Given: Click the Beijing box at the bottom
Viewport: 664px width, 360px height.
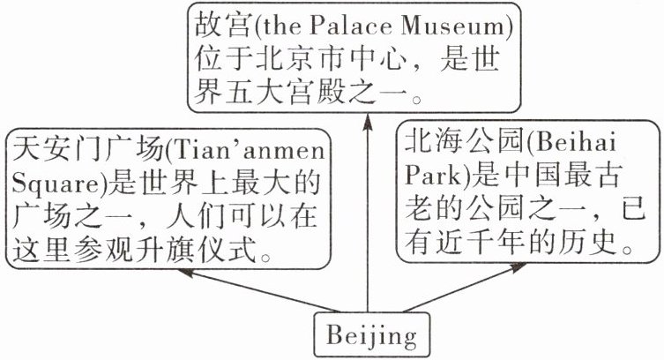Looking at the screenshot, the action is pos(371,334).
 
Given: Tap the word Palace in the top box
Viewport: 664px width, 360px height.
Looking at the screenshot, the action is pos(351,26).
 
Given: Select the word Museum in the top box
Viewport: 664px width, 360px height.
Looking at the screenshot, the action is pos(452,26).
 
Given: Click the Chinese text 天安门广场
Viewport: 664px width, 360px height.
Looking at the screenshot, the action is pos(87,150).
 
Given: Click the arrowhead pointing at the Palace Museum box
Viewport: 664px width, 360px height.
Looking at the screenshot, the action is pos(368,122).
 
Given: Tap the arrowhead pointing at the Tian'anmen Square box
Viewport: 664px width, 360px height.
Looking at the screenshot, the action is pos(185,273).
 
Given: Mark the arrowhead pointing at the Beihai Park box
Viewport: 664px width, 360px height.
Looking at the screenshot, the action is pos(519,267).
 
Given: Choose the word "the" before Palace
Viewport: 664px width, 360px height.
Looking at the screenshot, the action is pos(282,26).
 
